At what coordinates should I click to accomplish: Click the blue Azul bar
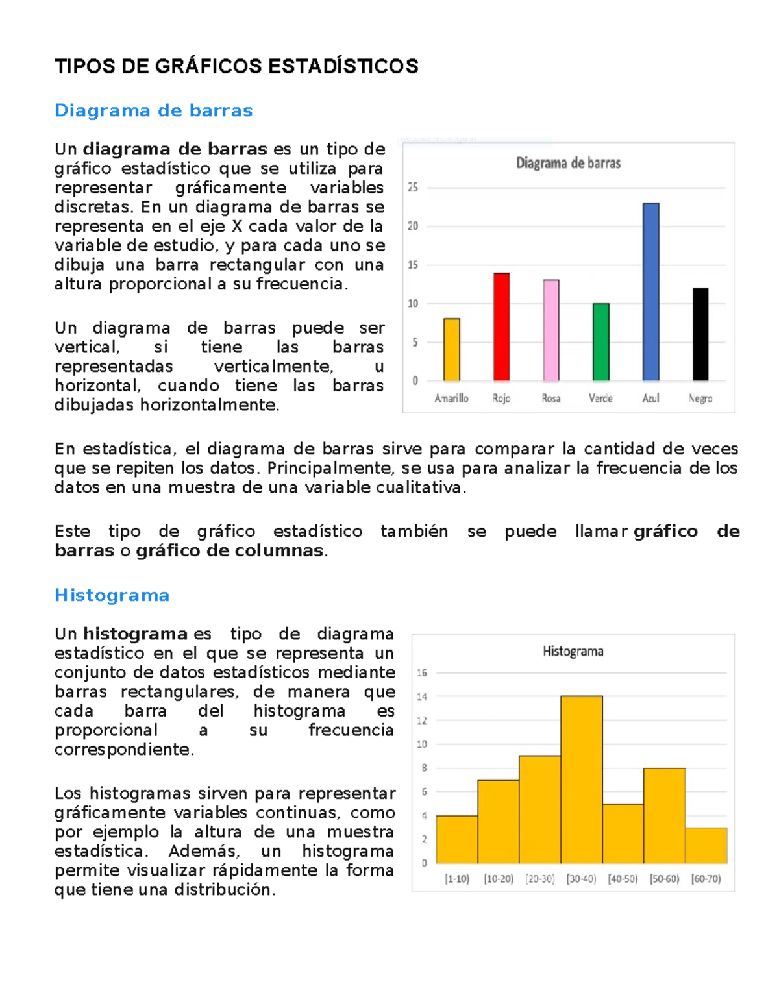coord(650,292)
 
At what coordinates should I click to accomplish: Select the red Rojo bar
coord(501,327)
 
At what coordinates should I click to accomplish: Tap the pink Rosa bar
coord(551,330)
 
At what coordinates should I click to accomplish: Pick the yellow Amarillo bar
coord(452,350)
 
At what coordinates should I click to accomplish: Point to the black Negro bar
coord(700,334)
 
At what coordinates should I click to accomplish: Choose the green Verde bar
coord(601,342)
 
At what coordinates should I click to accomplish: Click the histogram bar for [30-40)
coord(582,780)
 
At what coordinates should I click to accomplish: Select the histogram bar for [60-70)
coord(706,845)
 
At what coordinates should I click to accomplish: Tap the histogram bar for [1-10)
coord(457,839)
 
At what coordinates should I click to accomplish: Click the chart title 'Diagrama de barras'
coord(568,164)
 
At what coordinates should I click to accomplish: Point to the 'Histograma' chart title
coord(573,651)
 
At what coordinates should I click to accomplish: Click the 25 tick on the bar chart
coord(413,188)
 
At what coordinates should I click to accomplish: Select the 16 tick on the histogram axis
coord(422,672)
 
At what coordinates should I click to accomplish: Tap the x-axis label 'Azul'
coord(650,399)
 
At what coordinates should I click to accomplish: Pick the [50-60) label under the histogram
coord(664,879)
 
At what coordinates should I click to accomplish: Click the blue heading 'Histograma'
coord(112,595)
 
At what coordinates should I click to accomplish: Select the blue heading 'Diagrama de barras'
coord(153,110)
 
